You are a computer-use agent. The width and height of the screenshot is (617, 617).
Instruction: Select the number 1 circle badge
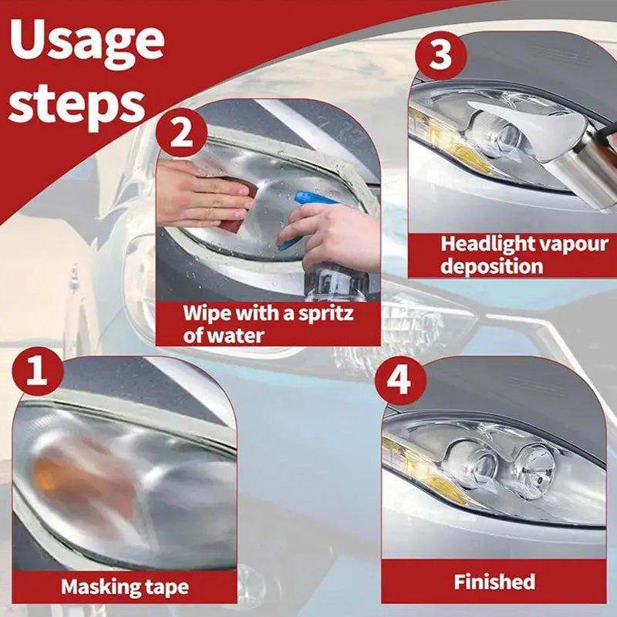38,371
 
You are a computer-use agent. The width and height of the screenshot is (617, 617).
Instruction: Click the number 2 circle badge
181,133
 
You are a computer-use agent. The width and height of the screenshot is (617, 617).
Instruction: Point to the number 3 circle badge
440,55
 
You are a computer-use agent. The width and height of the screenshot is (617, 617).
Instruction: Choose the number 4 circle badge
400,380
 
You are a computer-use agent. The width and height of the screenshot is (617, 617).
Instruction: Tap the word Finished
494,582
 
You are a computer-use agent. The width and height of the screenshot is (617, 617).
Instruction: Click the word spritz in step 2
325,314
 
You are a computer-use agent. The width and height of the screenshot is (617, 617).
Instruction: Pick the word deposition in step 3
492,266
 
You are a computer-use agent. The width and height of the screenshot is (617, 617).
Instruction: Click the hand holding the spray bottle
335,236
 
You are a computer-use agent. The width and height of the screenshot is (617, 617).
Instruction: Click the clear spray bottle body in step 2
336,282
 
